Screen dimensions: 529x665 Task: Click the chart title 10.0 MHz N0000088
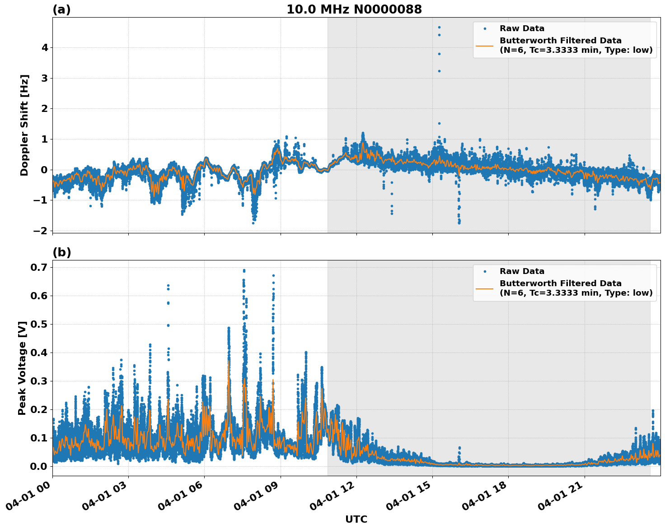coord(354,9)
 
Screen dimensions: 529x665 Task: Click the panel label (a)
coord(61,9)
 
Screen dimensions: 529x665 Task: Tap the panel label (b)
coord(62,252)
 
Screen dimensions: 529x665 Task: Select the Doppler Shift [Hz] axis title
coord(24,125)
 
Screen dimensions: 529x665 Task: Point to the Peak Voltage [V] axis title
coord(22,368)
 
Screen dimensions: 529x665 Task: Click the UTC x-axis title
coord(356,519)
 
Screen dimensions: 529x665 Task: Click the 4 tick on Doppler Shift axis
coord(44,47)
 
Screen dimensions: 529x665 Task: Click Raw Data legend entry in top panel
coord(522,28)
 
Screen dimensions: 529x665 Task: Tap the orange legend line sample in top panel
coord(485,46)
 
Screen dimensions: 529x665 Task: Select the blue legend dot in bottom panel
coord(485,271)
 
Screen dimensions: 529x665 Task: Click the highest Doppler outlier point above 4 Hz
coord(439,27)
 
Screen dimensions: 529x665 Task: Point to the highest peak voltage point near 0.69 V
coord(244,270)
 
